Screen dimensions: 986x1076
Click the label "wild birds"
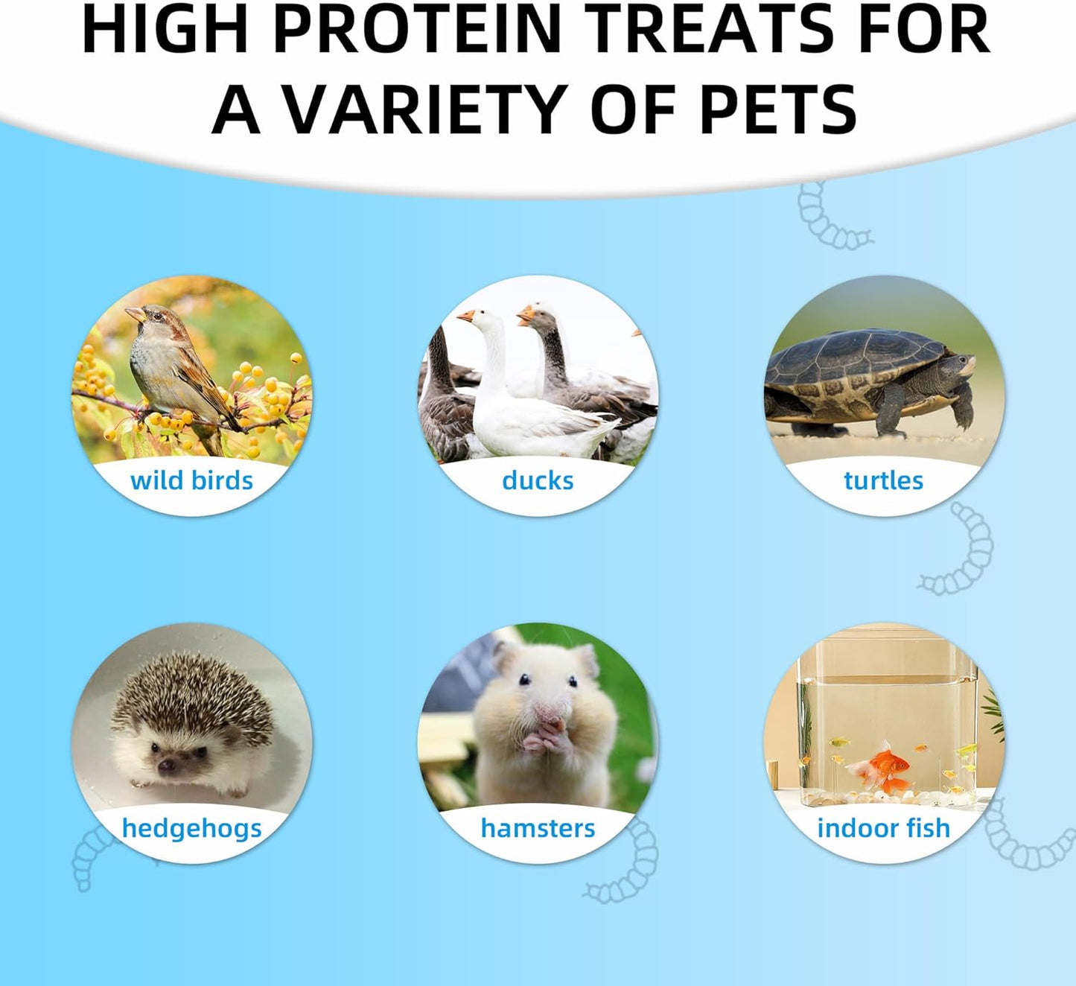click(x=191, y=480)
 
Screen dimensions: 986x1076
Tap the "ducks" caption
click(x=538, y=480)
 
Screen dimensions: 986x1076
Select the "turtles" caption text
click(x=883, y=480)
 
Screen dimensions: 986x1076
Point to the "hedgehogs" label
click(x=191, y=828)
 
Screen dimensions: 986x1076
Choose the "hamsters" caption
click(x=538, y=828)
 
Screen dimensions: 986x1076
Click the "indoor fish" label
click(x=883, y=828)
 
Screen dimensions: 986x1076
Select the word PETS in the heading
click(x=778, y=109)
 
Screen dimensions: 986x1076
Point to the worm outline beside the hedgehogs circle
click(x=89, y=856)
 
